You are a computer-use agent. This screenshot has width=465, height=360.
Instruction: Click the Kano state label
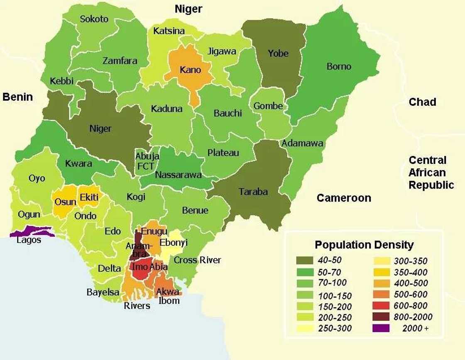pyautogui.click(x=190, y=69)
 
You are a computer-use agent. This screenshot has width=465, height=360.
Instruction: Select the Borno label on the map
pyautogui.click(x=339, y=66)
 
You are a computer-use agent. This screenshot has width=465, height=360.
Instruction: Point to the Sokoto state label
pyautogui.click(x=94, y=19)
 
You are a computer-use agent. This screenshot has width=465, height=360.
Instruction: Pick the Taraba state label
pyautogui.click(x=253, y=192)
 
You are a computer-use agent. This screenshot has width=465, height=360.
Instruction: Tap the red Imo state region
pyautogui.click(x=139, y=270)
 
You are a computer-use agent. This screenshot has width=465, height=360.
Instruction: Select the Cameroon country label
pyautogui.click(x=344, y=198)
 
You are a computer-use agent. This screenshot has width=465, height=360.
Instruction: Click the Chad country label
pyautogui.click(x=422, y=102)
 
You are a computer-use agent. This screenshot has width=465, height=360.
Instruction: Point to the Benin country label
pyautogui.click(x=17, y=97)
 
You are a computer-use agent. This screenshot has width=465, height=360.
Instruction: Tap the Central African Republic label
pyautogui.click(x=431, y=173)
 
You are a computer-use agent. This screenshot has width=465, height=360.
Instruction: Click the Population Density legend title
pyautogui.click(x=364, y=245)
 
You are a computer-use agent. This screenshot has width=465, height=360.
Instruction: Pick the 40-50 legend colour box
pyautogui.click(x=308, y=260)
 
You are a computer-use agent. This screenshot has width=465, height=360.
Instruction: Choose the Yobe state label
pyautogui.click(x=278, y=53)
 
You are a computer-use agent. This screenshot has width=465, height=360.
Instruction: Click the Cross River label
pyautogui.click(x=197, y=260)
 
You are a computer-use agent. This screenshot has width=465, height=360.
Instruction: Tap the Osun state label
pyautogui.click(x=65, y=202)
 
